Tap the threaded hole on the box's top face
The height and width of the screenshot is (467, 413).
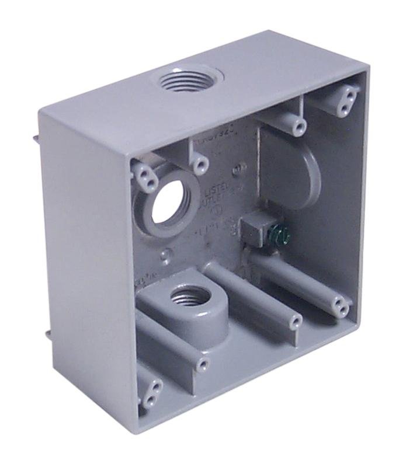[x=190, y=78]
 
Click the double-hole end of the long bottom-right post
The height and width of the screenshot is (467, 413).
[x=340, y=304]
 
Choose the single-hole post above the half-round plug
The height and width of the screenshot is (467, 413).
[x=299, y=126]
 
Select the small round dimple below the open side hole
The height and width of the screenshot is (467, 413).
[x=167, y=256]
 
